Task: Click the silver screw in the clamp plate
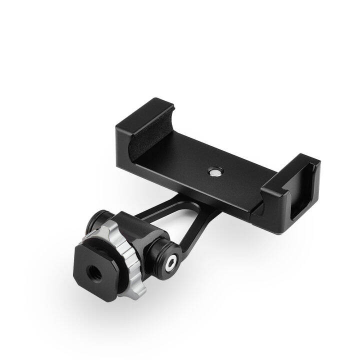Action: [x=213, y=171]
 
